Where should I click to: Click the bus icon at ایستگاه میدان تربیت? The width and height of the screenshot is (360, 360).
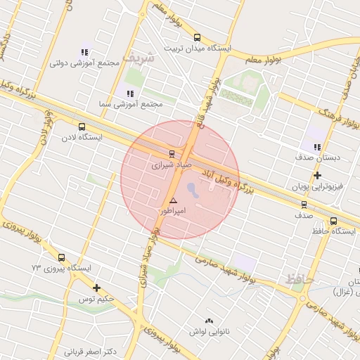click(x=196, y=37)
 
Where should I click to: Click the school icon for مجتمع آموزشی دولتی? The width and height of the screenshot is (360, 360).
click(x=85, y=51)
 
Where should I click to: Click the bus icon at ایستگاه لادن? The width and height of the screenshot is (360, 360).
click(x=82, y=127)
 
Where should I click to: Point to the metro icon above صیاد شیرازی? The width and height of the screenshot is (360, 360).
click(x=172, y=153)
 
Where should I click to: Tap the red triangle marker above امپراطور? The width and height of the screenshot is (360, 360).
click(x=173, y=200)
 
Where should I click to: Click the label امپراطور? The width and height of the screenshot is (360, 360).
click(x=172, y=210)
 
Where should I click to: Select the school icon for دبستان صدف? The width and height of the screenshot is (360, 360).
click(x=317, y=148)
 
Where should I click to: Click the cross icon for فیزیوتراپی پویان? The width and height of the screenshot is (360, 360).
click(x=317, y=175)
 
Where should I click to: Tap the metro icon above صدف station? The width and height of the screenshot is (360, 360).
click(x=304, y=205)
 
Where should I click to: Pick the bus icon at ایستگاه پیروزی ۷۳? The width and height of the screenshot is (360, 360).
click(x=61, y=257)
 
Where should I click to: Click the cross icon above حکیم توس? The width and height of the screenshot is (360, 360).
click(x=96, y=288)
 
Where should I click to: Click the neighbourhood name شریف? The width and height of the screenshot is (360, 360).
click(x=137, y=58)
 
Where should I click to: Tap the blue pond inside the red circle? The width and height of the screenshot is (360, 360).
click(x=193, y=188)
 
